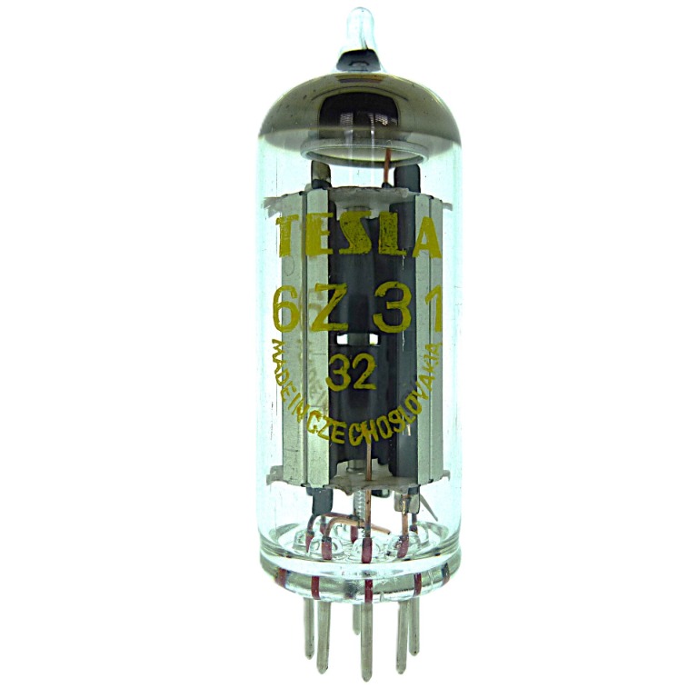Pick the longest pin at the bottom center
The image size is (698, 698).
(366, 643)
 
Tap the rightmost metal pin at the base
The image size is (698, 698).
(414, 625)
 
